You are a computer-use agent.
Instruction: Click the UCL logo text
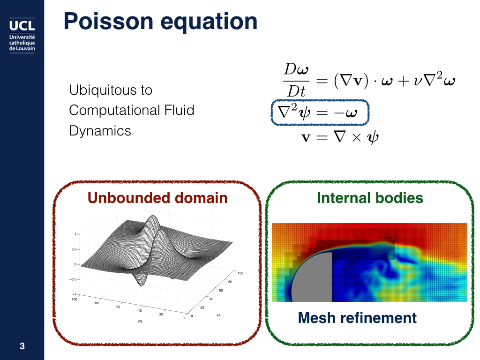(22, 25)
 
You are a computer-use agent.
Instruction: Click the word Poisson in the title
(108, 22)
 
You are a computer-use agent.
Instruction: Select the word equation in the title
(209, 22)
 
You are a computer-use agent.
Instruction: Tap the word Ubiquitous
(102, 90)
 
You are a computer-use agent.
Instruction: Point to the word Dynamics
(100, 131)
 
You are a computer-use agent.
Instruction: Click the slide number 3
(22, 346)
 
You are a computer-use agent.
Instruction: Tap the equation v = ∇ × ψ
(340, 137)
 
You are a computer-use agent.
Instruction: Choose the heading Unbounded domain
(157, 198)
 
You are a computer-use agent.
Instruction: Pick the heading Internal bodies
(370, 198)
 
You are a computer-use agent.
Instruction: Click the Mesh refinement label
(357, 318)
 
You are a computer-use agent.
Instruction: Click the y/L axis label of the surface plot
(140, 321)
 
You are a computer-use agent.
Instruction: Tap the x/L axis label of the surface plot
(219, 315)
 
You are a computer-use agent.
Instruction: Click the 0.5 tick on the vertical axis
(74, 249)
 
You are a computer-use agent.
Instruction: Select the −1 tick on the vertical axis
(74, 294)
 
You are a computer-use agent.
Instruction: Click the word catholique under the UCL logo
(22, 43)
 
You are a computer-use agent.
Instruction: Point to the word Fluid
(180, 110)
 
